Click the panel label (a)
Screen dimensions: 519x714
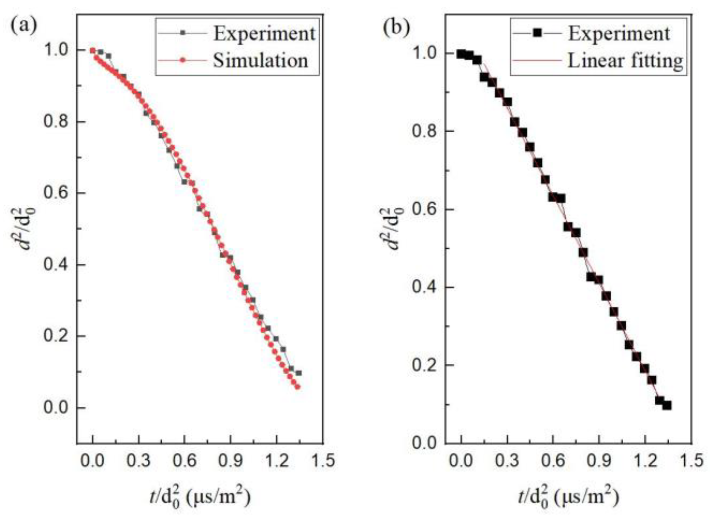point(24,26)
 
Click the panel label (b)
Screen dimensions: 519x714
point(396,27)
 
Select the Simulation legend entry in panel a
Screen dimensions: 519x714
point(260,60)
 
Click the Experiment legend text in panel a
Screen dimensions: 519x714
point(264,34)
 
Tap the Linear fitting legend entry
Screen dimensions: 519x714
point(625,60)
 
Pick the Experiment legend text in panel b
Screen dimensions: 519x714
point(619,34)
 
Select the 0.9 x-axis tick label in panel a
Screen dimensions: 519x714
point(231,460)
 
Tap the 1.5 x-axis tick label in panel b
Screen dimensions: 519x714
point(691,460)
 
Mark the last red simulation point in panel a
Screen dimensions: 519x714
point(297,387)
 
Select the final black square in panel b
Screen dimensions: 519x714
point(667,405)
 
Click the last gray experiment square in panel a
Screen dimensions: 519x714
point(299,373)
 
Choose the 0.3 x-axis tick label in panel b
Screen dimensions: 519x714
point(507,460)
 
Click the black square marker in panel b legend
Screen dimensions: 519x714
point(537,33)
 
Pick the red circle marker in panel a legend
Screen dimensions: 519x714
point(183,60)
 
